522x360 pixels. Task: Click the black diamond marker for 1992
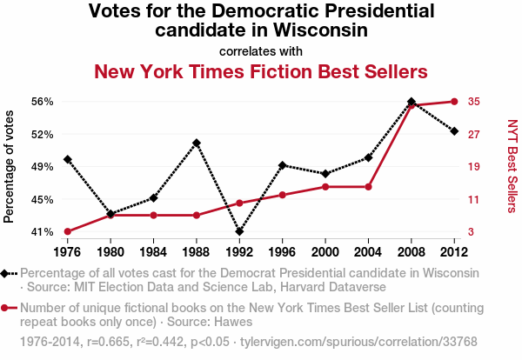[239, 231]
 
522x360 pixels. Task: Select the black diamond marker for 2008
[412, 102]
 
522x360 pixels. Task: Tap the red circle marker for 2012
[454, 102]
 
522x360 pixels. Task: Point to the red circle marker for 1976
[67, 231]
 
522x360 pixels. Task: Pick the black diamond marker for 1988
[197, 143]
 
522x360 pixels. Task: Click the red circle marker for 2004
[369, 187]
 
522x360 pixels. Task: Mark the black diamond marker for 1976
[67, 159]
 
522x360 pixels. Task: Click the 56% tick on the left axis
[41, 102]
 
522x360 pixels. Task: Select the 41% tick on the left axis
[41, 232]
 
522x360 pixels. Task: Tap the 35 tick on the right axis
[473, 102]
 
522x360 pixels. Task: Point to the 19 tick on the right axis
[473, 167]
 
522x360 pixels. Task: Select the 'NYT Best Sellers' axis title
[512, 167]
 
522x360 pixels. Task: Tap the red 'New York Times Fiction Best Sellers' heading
[261, 71]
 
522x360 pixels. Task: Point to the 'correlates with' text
[261, 50]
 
